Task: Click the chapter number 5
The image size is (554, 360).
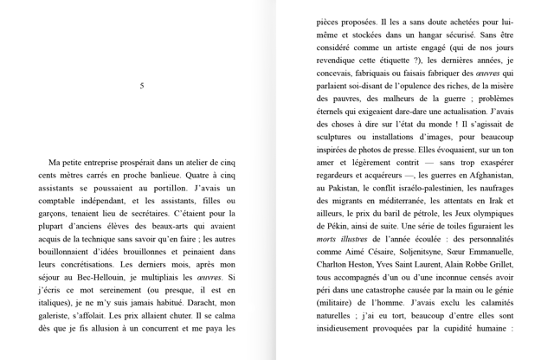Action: tap(142, 86)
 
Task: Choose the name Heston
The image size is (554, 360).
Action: tap(364, 264)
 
